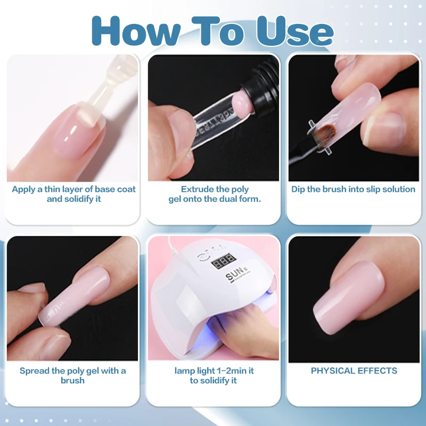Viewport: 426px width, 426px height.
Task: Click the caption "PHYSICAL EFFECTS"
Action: pyautogui.click(x=354, y=371)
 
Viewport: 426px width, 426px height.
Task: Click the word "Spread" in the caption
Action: pyautogui.click(x=33, y=371)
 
